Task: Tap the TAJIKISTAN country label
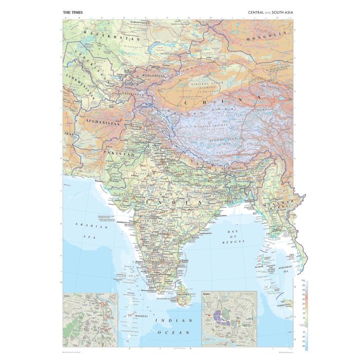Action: point(133,95)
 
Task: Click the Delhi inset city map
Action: point(90,319)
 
